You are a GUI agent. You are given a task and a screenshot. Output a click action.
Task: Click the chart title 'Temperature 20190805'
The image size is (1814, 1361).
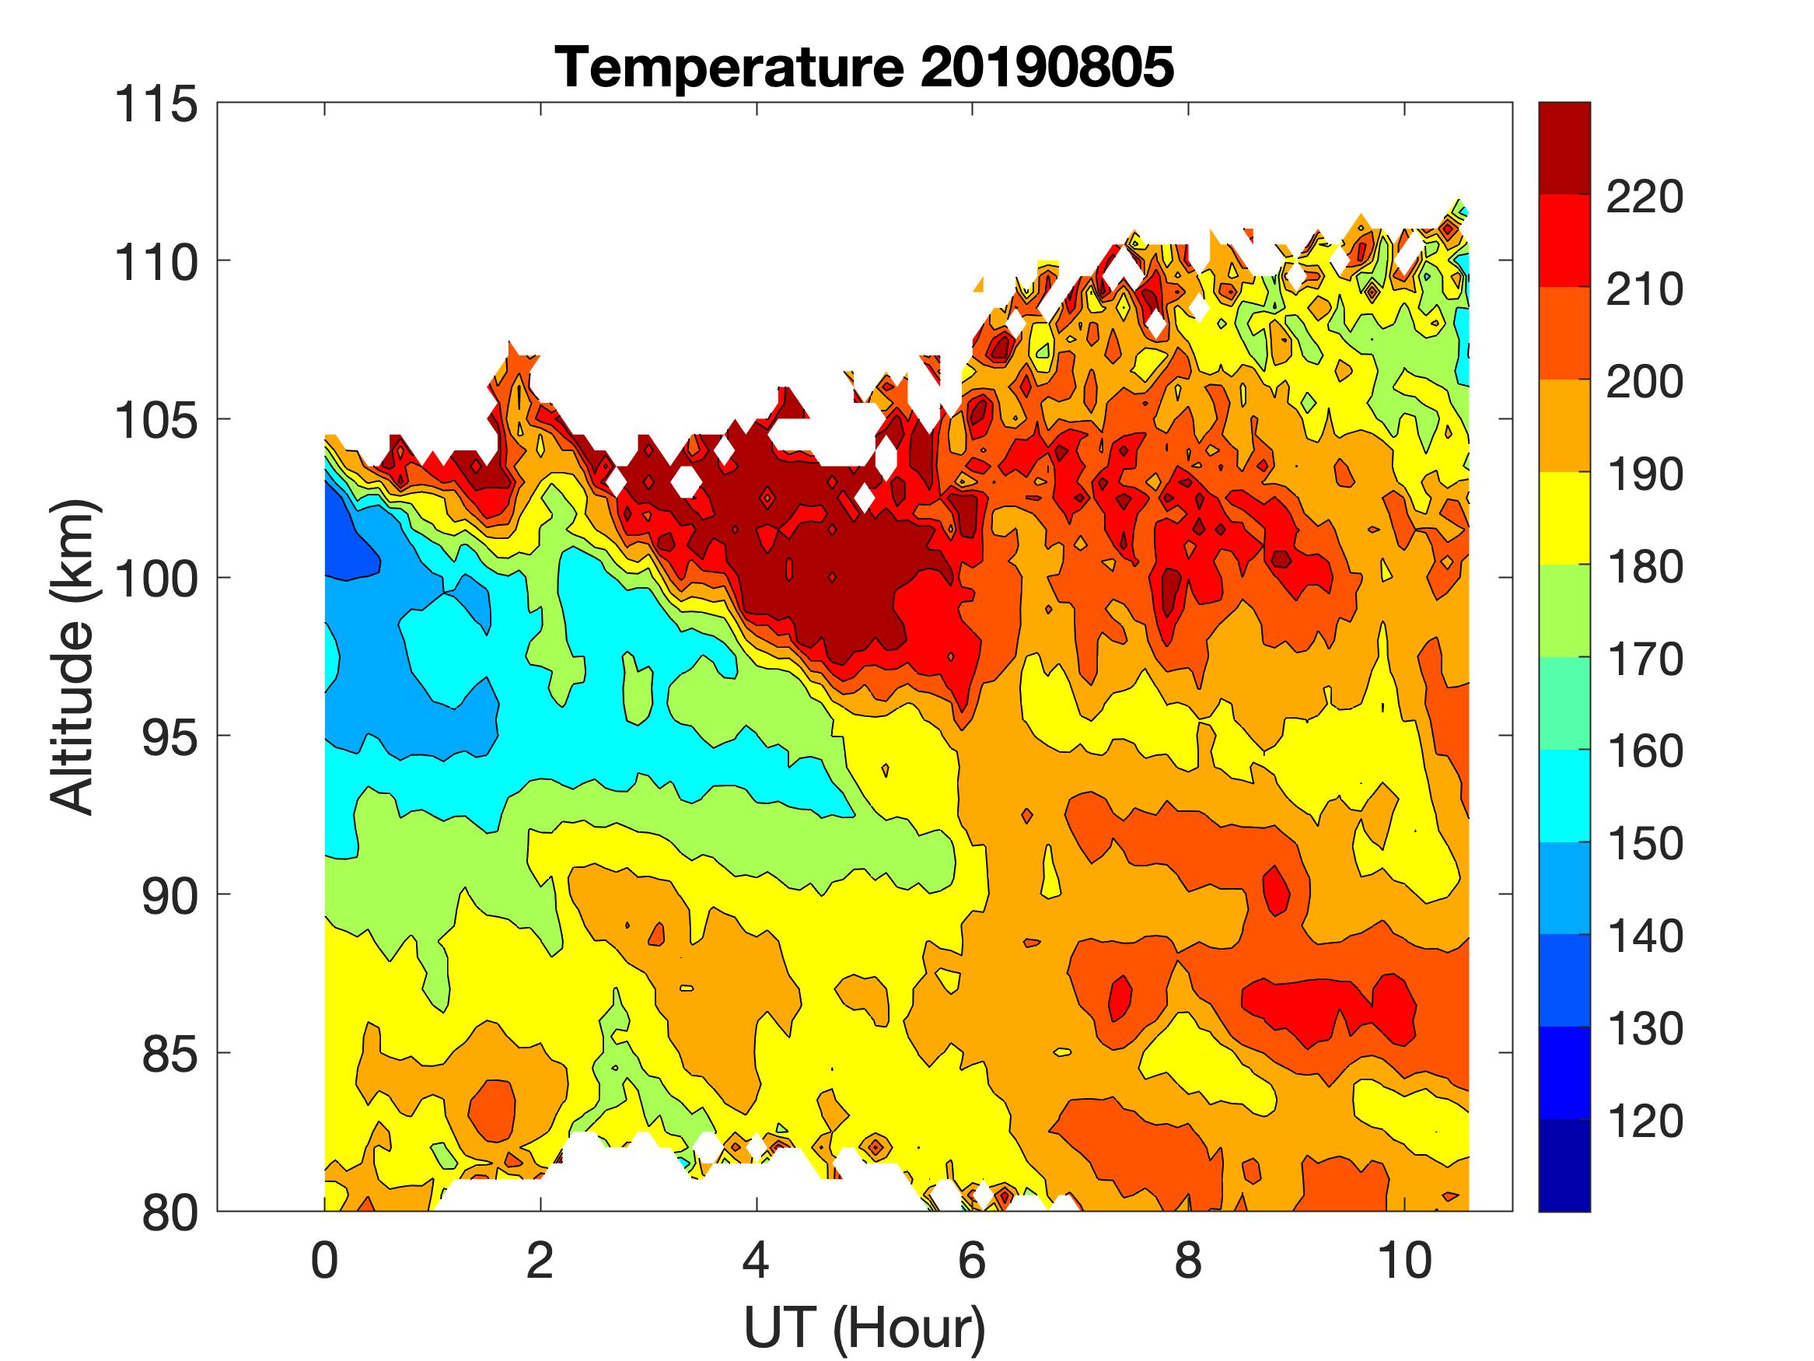(865, 67)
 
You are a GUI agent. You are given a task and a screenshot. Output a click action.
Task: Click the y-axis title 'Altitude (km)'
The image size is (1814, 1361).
(73, 656)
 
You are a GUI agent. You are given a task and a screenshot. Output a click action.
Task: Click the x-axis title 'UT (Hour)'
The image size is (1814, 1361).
(865, 1327)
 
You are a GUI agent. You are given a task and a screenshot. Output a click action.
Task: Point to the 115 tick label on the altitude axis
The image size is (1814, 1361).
(156, 105)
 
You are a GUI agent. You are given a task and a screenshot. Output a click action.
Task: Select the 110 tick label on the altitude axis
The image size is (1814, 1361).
(156, 263)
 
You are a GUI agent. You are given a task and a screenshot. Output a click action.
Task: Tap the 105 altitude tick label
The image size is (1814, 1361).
(156, 421)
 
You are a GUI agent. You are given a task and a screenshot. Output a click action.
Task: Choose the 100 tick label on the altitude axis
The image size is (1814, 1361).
(156, 579)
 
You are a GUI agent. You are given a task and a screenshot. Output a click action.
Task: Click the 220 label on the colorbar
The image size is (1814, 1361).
(1644, 197)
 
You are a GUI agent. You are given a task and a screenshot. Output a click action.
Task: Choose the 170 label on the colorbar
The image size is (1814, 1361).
(1644, 660)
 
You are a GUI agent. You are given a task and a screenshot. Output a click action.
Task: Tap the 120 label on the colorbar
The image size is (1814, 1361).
(1644, 1121)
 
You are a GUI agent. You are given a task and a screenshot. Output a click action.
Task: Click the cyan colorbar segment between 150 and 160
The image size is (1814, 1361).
(1564, 796)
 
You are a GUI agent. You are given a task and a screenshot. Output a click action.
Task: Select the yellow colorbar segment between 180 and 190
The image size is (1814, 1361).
(1564, 518)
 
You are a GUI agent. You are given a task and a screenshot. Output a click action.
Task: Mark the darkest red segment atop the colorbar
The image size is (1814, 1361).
(1564, 148)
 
